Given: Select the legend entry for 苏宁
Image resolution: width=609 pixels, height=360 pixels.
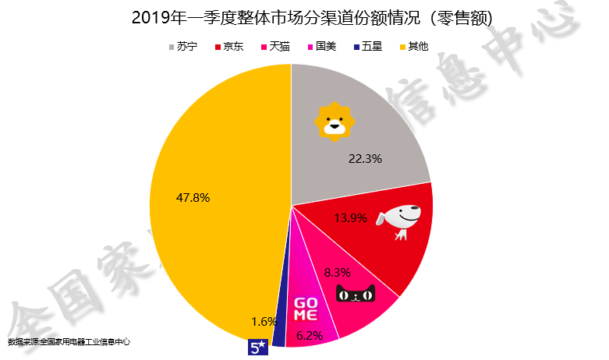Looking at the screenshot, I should [x=182, y=47].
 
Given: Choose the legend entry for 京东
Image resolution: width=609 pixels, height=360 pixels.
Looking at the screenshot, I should [x=228, y=47].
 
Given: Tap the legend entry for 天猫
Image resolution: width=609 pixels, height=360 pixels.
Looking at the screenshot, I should [x=274, y=47].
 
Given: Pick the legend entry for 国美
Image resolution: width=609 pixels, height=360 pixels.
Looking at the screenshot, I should [x=322, y=47].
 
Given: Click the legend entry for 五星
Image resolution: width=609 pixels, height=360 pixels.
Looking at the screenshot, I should [x=368, y=47].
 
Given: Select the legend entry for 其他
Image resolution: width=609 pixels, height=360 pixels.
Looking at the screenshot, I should [x=414, y=47].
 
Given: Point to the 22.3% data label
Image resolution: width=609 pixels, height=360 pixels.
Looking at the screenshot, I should [x=365, y=159].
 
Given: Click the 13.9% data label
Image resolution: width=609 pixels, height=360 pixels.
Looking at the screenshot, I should [x=350, y=218].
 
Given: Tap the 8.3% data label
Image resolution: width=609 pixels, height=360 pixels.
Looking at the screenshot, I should [x=336, y=273].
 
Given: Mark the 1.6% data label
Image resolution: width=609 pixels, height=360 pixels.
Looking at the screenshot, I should [x=266, y=321].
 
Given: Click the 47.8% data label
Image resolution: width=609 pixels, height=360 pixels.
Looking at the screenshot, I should [x=193, y=198].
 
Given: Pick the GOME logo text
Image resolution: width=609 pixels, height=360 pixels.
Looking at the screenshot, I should [x=305, y=309].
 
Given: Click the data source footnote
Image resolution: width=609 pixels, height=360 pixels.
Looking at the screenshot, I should [x=69, y=341].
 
